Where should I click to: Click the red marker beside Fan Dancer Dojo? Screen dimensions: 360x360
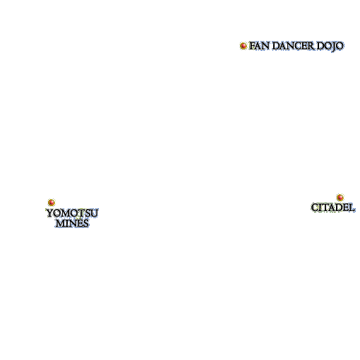click(x=244, y=46)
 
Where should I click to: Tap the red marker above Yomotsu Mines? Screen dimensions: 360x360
click(x=52, y=203)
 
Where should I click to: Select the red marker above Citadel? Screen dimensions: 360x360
click(x=340, y=197)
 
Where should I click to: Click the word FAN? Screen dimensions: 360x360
click(x=259, y=46)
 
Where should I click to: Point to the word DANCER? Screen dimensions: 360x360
click(x=293, y=46)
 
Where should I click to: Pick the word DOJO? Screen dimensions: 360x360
click(x=330, y=47)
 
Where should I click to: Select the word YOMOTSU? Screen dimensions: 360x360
click(x=72, y=213)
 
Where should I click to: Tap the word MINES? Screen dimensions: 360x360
click(x=72, y=223)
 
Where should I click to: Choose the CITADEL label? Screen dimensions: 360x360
click(x=332, y=208)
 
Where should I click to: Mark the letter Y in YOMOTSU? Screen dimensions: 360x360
click(x=50, y=213)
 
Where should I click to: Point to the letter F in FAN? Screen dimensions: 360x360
click(x=252, y=46)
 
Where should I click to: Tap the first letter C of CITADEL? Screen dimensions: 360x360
click(x=315, y=208)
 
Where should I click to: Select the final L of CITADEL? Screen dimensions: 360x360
click(x=352, y=208)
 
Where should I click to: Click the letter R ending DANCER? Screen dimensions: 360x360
click(x=311, y=46)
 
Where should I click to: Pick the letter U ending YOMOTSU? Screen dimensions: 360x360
click(x=95, y=213)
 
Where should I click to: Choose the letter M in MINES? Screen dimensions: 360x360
click(x=60, y=223)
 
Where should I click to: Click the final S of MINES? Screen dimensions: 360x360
click(x=86, y=223)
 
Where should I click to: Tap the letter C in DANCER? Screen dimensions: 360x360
click(x=296, y=46)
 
